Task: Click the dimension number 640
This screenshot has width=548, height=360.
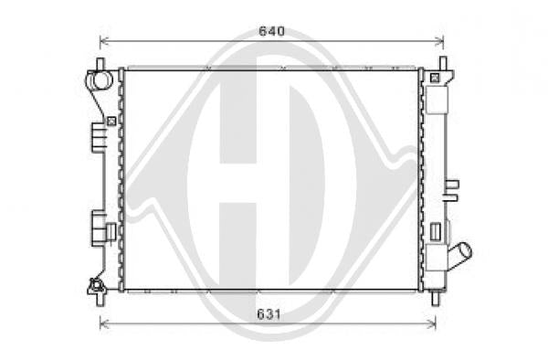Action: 271,31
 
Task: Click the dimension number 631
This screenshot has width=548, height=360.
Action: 269,314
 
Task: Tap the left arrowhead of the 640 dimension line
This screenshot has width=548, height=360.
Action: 102,42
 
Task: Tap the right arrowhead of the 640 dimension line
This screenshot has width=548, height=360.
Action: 441,42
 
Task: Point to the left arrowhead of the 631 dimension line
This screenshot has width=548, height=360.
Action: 102,324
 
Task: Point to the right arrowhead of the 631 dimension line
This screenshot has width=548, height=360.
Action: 433,324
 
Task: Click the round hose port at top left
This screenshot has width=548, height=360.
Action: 101,80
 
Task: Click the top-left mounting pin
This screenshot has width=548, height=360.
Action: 100,64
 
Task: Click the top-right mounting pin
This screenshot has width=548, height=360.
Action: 443,64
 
